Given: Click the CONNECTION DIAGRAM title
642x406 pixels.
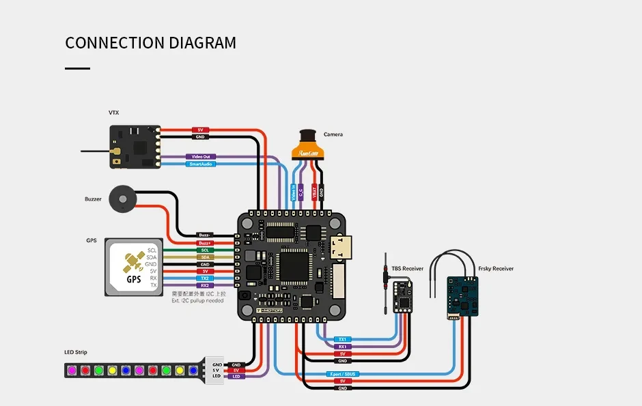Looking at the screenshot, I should (x=150, y=43).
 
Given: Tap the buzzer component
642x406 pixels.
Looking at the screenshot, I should (x=123, y=200).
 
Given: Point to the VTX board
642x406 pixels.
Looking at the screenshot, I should (x=135, y=147).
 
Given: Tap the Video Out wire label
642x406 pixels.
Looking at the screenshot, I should (x=201, y=157).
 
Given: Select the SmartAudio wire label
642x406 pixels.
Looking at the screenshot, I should (x=201, y=164).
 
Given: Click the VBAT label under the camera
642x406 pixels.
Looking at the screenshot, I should (x=314, y=192).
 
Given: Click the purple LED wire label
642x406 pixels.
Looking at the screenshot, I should (x=236, y=377).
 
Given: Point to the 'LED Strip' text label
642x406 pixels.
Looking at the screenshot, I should (x=76, y=352).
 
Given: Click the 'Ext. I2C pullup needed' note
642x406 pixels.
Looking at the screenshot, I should (x=198, y=300).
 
